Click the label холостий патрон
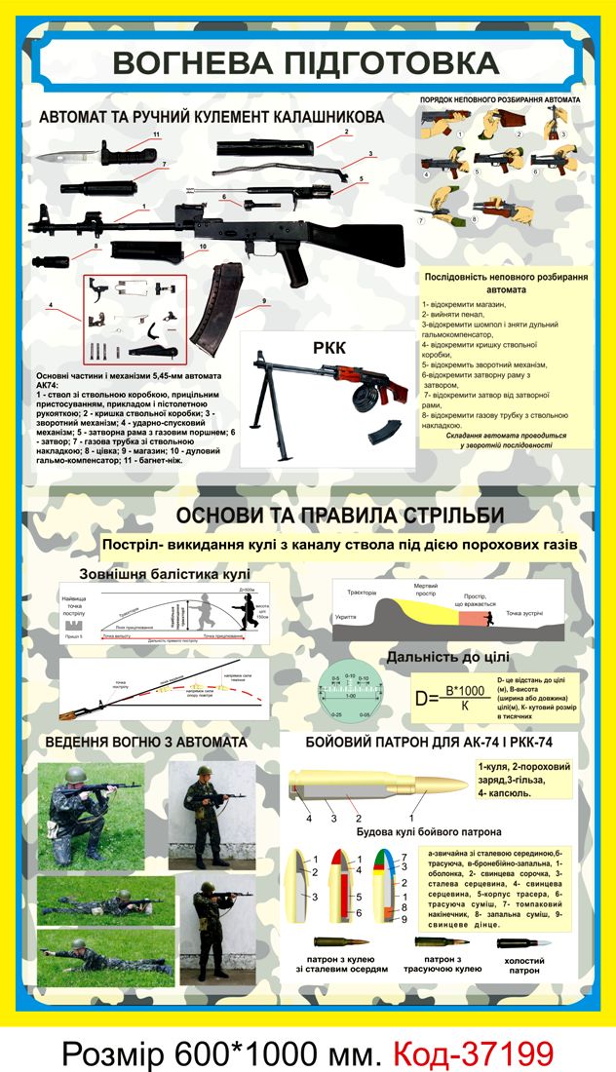pos(524,966)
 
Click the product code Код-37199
pos(474,1051)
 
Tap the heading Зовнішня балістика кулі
pos(165,573)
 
